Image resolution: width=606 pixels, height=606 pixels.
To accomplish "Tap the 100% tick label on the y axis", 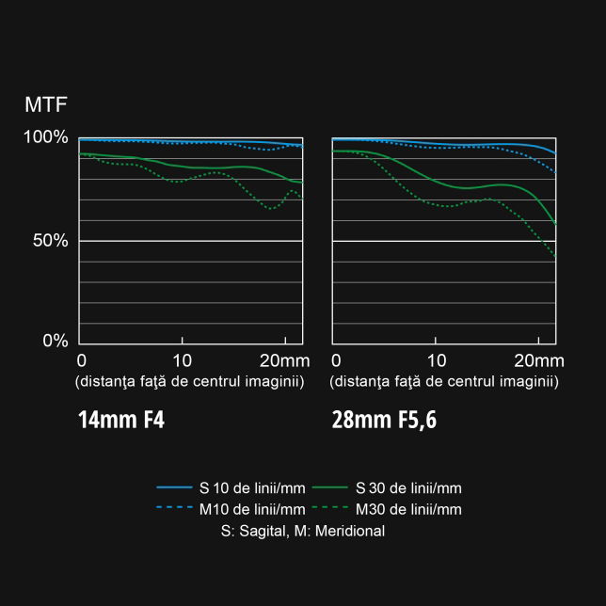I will click(46, 137).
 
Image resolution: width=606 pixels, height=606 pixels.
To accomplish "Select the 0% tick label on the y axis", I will click(55, 341).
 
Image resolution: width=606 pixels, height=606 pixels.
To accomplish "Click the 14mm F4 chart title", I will click(121, 420).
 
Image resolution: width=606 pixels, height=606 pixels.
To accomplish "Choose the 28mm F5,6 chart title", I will click(384, 420).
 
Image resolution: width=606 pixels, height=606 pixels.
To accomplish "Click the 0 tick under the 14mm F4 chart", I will click(82, 361).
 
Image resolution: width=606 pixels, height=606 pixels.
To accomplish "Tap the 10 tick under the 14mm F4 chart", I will click(183, 361).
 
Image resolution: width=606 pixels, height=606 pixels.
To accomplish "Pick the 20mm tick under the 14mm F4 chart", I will click(284, 361).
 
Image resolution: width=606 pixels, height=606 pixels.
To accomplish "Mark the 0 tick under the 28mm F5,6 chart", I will click(336, 361).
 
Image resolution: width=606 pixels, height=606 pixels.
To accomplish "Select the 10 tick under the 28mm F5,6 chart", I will click(437, 361).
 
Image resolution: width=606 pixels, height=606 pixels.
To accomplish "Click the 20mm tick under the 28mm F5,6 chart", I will click(538, 361).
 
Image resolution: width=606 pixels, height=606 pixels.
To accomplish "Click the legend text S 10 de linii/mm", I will click(250, 487).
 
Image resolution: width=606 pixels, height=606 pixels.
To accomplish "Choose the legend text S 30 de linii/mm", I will click(408, 487).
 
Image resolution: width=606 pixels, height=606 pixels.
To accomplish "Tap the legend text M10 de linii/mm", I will click(250, 509).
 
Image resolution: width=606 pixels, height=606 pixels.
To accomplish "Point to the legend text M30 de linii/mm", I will click(408, 509).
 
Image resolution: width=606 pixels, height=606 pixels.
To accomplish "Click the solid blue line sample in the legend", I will click(174, 487).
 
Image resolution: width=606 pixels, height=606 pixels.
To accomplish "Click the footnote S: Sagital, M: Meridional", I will click(302, 531).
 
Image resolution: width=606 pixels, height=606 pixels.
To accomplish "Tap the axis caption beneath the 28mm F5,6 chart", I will click(444, 381).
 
